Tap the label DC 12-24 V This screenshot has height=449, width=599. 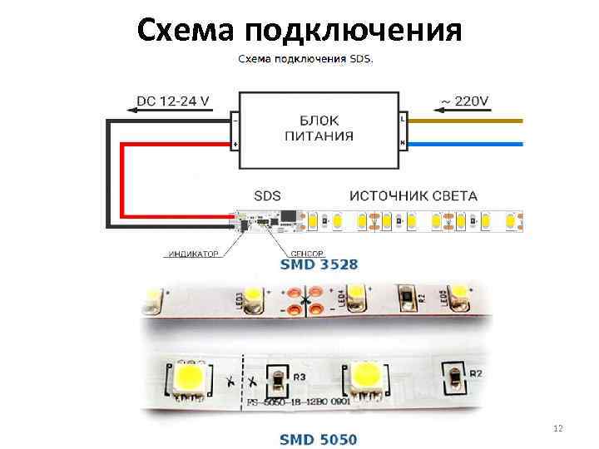pos(172,101)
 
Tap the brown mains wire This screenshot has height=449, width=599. pos(466,121)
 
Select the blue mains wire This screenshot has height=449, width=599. pos(466,143)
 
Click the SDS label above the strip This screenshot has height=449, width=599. pos(267,197)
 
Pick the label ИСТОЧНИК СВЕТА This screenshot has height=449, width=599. pos(413,197)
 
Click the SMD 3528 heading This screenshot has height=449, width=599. pos(319,265)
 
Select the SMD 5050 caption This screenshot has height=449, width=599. pos(319,437)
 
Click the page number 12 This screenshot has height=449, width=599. pos(558,428)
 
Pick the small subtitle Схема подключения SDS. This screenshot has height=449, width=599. pos(306,60)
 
